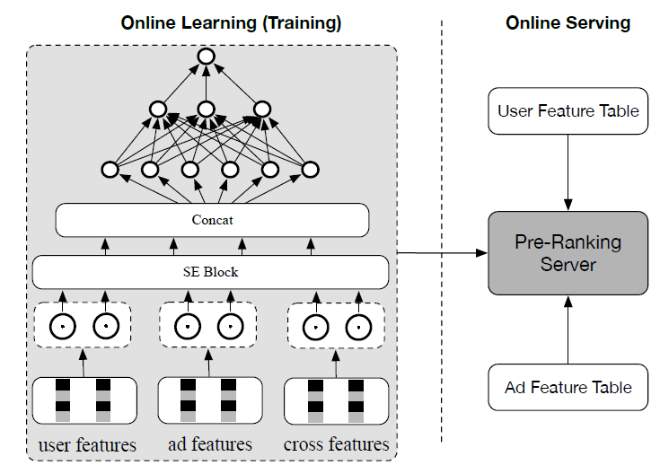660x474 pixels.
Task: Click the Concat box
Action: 212,220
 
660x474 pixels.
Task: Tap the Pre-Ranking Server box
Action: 568,253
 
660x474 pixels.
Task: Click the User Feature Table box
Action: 568,111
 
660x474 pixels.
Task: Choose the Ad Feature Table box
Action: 568,388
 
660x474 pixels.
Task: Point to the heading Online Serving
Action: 568,22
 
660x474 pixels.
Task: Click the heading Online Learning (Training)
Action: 231,22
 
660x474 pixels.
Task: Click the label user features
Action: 87,444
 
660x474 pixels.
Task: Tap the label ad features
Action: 210,444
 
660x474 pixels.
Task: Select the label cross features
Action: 337,444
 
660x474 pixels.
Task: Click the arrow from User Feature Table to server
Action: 568,172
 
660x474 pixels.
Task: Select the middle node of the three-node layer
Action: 207,110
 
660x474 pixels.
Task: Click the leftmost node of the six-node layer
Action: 110,169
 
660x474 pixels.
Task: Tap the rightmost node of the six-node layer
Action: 311,169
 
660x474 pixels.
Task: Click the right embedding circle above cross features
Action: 357,328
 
